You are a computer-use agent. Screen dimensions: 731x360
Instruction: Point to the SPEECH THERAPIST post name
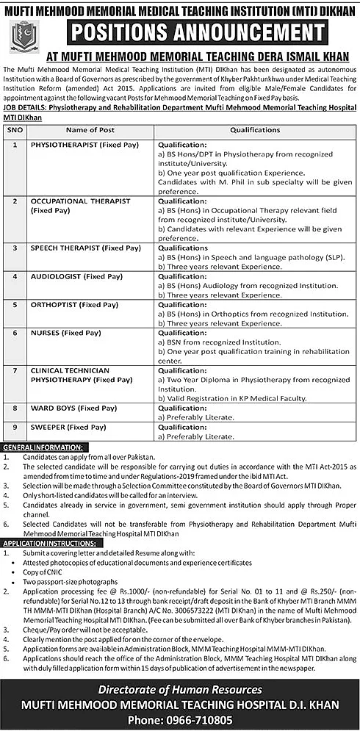click(x=85, y=248)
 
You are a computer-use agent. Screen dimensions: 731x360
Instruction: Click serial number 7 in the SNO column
click(x=15, y=370)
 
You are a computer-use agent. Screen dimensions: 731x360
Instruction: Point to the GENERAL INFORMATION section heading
click(x=45, y=447)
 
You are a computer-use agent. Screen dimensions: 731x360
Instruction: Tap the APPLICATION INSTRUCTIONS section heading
click(x=50, y=542)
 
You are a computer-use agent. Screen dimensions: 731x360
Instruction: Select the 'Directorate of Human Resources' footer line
click(x=180, y=690)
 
